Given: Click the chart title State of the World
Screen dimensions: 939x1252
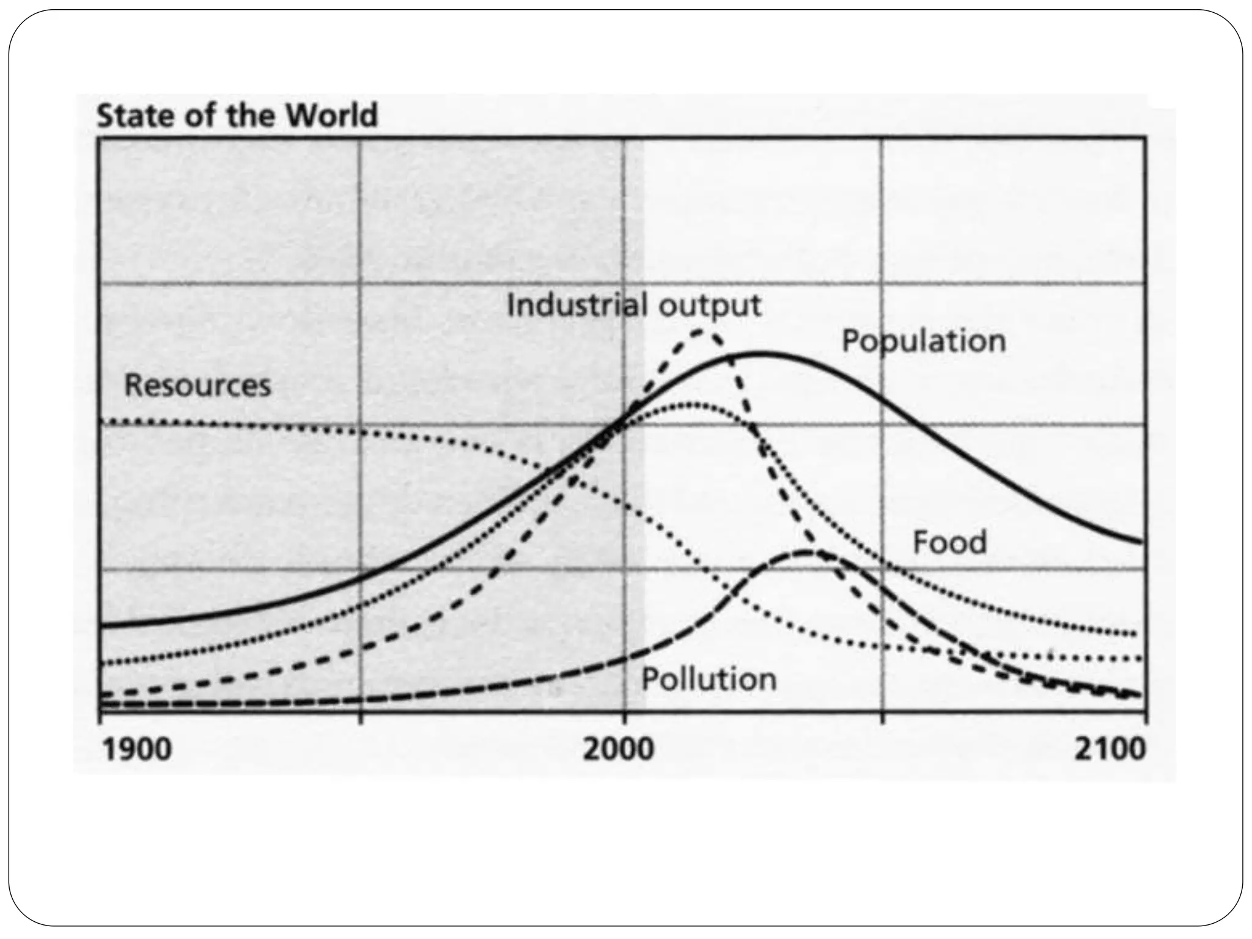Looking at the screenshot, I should tap(237, 116).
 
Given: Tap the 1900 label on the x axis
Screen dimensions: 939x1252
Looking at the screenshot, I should tap(138, 750).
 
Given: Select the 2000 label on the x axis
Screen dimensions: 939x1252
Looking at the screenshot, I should tap(618, 750).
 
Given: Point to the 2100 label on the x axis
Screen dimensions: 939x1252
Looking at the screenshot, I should tap(1110, 750).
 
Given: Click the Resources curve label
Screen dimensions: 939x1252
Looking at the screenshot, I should tap(197, 386).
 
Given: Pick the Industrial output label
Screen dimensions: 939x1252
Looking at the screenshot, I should tap(634, 305).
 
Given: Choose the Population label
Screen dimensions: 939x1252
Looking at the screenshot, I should tap(923, 341).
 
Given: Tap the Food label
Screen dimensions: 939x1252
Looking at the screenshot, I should tap(949, 543).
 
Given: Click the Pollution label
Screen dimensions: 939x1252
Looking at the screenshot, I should tap(709, 679).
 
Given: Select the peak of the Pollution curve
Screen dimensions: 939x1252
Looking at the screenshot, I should tap(806, 552).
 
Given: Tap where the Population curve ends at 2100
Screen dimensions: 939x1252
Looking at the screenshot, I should tap(1141, 542).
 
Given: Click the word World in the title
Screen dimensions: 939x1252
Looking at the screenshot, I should tap(333, 116).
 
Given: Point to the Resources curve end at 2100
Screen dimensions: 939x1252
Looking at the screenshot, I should tap(1138, 658).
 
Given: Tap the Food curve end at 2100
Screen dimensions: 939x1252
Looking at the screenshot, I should tap(1135, 633).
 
